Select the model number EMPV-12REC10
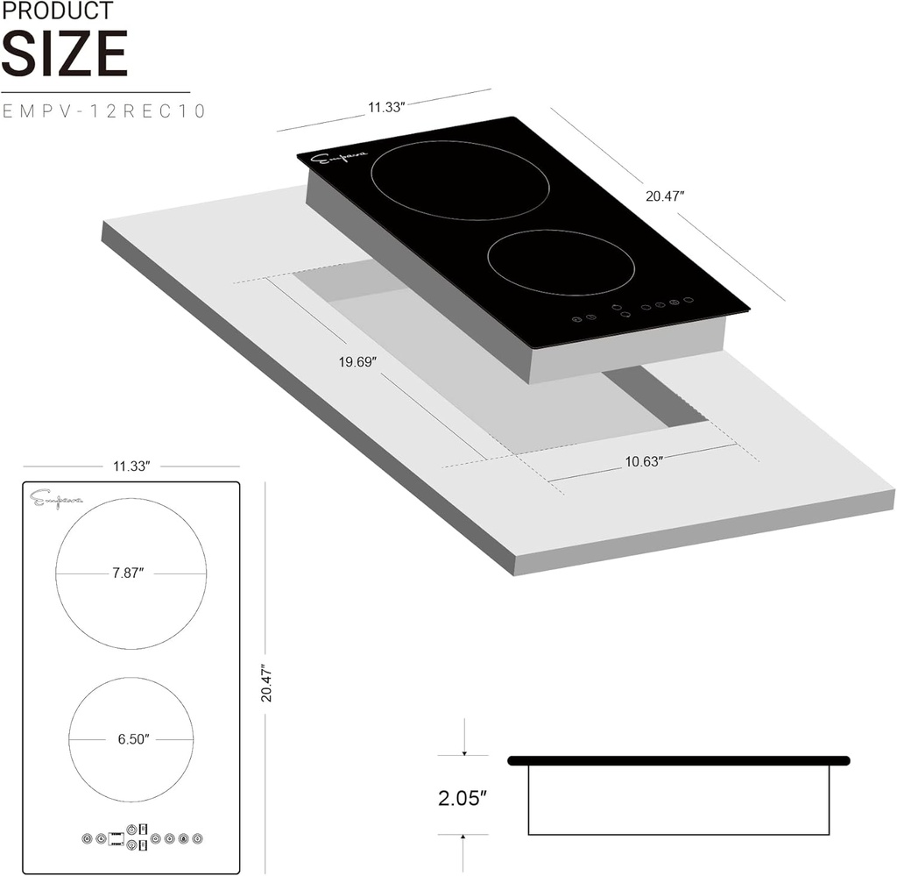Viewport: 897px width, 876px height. click(104, 111)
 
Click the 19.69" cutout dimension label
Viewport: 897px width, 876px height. click(357, 362)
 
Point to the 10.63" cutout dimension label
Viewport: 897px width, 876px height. click(644, 460)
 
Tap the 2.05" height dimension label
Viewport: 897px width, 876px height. click(462, 798)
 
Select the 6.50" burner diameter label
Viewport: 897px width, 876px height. click(131, 738)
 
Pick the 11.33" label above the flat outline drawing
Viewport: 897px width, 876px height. click(131, 466)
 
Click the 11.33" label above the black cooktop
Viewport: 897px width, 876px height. click(385, 107)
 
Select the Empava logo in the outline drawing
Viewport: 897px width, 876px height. click(56, 500)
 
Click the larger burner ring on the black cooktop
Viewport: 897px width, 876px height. click(461, 180)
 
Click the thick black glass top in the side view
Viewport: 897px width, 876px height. click(678, 759)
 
